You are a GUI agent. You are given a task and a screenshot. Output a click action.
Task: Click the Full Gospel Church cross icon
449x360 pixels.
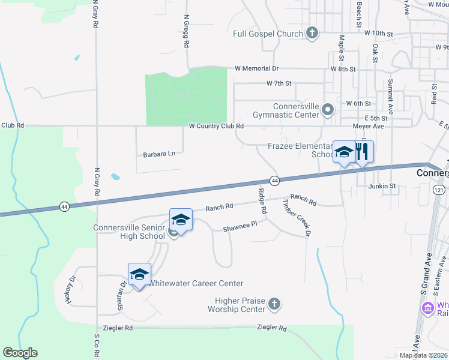[312, 34]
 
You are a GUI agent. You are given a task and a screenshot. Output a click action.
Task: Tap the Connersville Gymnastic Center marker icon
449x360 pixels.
[328, 110]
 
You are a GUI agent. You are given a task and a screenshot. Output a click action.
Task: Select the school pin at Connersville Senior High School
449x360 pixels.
[181, 220]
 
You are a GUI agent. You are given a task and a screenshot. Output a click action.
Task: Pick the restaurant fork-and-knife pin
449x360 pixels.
[362, 152]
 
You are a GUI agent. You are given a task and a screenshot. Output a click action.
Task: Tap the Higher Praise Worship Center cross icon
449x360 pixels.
[274, 304]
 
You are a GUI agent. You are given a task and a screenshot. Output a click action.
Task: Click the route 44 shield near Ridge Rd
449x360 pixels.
[274, 181]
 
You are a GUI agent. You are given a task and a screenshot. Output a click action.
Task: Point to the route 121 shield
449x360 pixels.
[439, 190]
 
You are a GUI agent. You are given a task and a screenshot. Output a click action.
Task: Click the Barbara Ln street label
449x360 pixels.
[159, 154]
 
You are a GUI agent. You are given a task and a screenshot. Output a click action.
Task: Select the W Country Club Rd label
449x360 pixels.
[216, 126]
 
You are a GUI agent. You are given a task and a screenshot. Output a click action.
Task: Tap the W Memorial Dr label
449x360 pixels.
[257, 68]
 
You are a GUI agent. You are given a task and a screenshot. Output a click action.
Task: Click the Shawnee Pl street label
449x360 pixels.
[240, 226]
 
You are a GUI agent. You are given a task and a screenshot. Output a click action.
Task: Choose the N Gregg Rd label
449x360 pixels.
[187, 32]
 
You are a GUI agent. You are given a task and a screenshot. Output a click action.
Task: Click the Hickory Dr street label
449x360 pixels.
[73, 290]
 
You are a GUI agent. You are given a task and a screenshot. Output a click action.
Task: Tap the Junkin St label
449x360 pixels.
[382, 186]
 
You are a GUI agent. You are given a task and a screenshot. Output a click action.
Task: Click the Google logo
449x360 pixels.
[20, 353]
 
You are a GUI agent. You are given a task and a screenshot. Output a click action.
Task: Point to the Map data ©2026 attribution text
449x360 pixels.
[424, 355]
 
